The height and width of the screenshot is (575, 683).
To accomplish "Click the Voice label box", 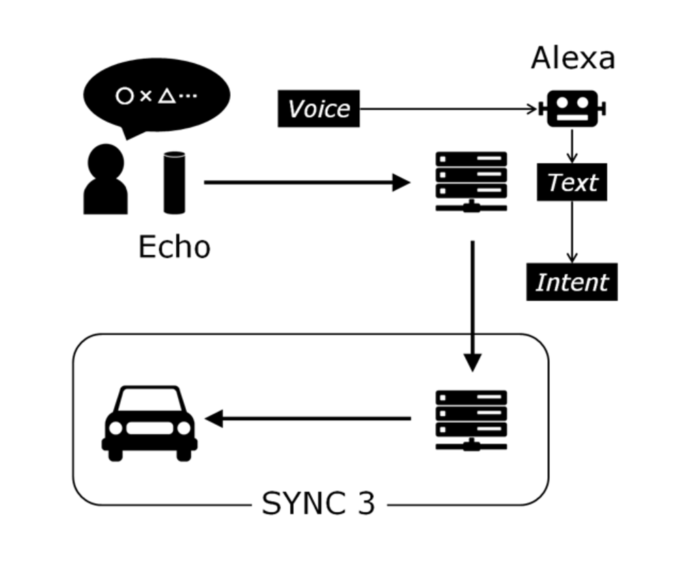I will tap(318, 109).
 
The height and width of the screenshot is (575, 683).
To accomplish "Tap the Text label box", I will tap(572, 182).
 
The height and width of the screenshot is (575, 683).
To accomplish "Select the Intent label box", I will tap(572, 282).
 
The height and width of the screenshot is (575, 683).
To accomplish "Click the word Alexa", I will tap(572, 58).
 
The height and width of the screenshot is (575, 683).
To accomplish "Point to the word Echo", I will tap(174, 247).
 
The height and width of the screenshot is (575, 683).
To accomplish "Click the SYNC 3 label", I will tap(318, 504).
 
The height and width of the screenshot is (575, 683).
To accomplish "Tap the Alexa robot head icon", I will tap(572, 109).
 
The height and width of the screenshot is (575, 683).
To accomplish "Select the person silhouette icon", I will tap(105, 180).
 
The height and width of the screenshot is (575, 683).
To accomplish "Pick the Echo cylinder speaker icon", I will tap(174, 182).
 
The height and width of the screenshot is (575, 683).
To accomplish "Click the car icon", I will tap(149, 423).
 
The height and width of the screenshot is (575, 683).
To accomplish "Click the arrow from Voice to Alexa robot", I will tap(448, 109).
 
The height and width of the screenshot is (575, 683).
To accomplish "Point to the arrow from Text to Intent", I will tap(572, 232).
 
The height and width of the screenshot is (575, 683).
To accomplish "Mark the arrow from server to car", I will tap(307, 419).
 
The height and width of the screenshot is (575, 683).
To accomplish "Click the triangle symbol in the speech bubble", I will tap(166, 96).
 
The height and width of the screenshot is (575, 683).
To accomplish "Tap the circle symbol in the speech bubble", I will tap(124, 96).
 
